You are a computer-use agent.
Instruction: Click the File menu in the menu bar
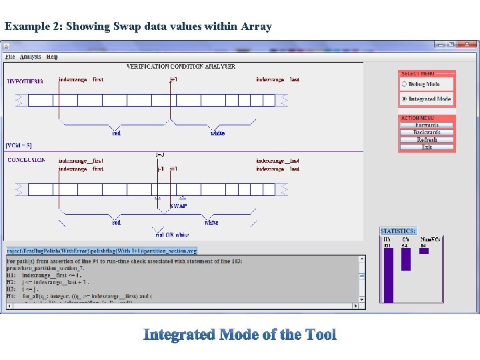coord(10,57)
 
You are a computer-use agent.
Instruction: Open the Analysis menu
coord(31,57)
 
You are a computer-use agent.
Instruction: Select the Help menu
coord(52,57)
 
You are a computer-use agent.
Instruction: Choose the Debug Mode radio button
coord(404,85)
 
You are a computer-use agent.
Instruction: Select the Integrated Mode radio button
coord(404,99)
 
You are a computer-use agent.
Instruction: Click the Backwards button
coord(427,133)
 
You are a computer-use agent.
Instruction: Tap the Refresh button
coord(427,140)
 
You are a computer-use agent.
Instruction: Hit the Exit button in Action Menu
coord(427,147)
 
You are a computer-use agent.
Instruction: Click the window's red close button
coord(467,45)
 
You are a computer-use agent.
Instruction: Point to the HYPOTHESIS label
coord(25,81)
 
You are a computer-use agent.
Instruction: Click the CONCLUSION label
coord(26,160)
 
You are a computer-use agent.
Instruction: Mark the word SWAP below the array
coord(178,206)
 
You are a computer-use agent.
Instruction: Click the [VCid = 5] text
coord(19,145)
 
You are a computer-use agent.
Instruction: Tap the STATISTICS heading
coord(397,231)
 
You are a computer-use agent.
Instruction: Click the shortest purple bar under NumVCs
coord(423,251)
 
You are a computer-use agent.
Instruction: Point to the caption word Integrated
coord(178,335)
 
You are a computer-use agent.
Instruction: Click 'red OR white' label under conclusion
coord(172,235)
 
